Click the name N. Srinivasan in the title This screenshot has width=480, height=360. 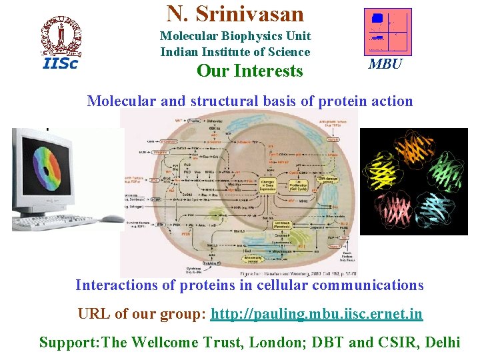[x=235, y=13]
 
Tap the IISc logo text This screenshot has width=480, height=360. [x=60, y=64]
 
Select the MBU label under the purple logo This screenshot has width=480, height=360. [x=385, y=65]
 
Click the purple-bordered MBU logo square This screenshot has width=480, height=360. [x=387, y=31]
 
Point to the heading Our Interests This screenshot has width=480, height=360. [x=249, y=71]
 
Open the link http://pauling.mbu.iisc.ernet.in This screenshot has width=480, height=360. [x=317, y=314]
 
